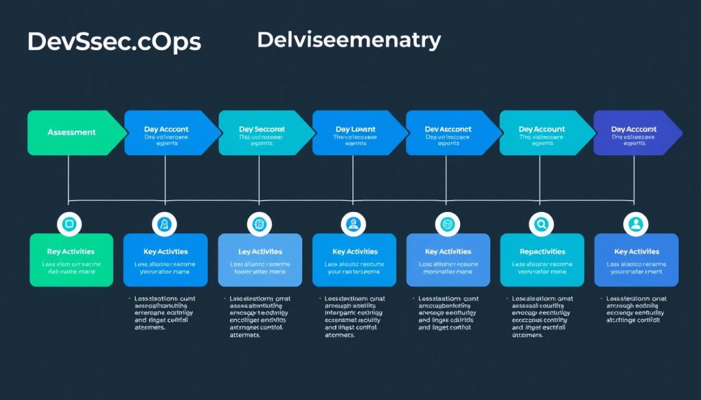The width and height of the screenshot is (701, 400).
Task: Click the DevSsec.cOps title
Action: point(114,42)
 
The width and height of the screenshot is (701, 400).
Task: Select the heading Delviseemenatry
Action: point(349,40)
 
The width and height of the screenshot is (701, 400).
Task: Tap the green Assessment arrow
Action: point(72,132)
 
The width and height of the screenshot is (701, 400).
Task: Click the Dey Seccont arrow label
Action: point(262,129)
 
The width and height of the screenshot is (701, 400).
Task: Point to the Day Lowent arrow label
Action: point(356,129)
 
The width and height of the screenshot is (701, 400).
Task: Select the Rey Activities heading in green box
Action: point(71,252)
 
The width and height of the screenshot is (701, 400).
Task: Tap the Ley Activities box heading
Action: point(259,252)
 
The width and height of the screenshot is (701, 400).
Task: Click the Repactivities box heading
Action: point(542,252)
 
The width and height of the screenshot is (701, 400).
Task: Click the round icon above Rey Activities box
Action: point(70,223)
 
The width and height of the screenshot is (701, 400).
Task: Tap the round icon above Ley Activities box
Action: point(259,223)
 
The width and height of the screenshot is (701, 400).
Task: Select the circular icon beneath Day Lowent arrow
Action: point(353,223)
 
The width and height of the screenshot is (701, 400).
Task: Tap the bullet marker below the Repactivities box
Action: point(507,299)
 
